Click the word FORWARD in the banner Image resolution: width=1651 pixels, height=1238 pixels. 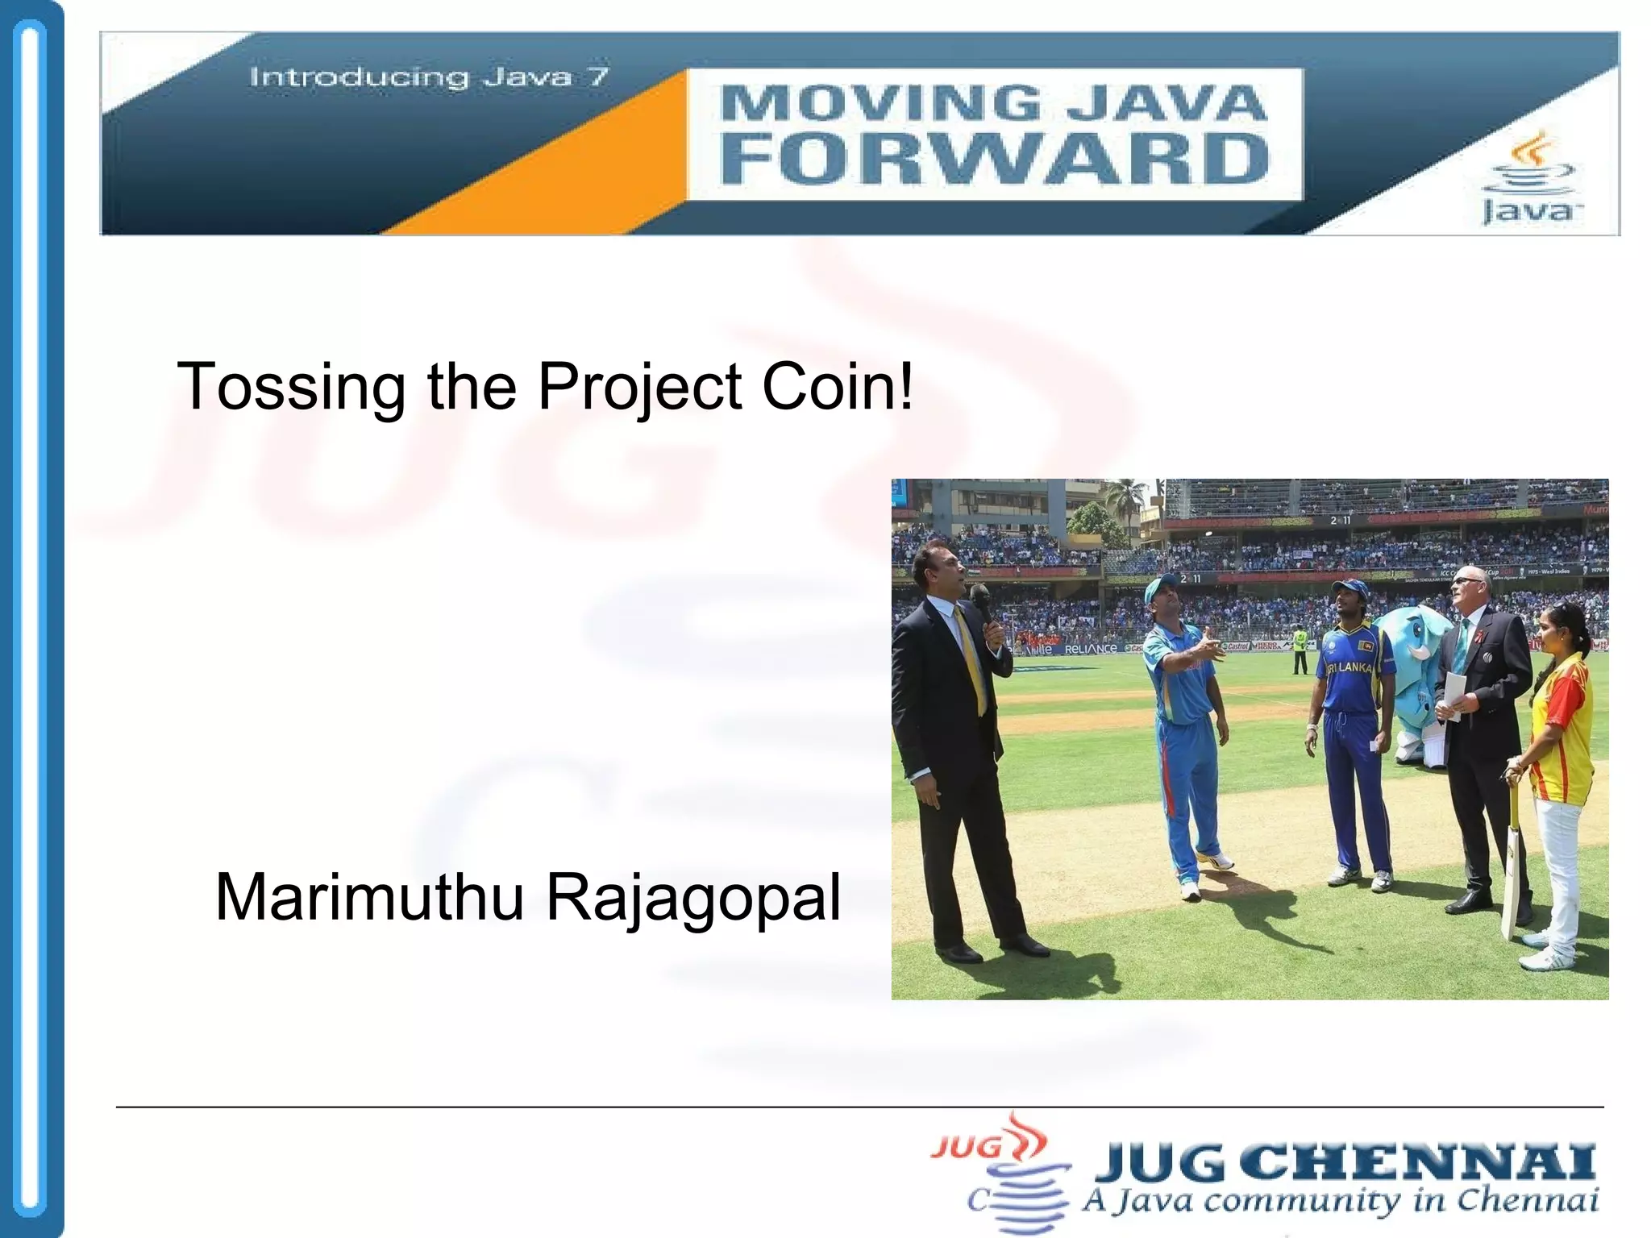tap(993, 159)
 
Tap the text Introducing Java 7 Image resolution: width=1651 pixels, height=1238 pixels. tap(429, 77)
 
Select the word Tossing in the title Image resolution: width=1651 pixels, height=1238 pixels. tap(290, 387)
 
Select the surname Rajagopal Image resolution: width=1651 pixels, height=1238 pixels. tap(693, 899)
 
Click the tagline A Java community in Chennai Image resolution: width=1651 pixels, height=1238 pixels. tap(1338, 1202)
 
